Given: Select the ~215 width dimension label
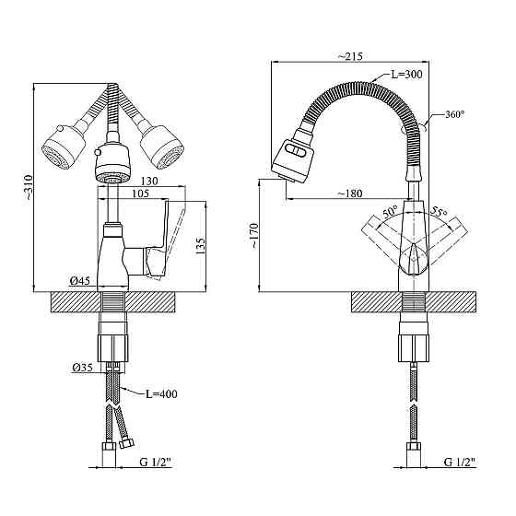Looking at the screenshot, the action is [350, 56].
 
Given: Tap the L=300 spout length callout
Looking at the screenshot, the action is [406, 75].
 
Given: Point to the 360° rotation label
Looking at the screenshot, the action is [455, 114].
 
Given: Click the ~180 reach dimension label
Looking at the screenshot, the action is [350, 193].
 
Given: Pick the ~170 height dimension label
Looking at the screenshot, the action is [254, 236].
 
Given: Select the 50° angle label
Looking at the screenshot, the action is [391, 211].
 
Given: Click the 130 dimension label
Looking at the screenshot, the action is [149, 181].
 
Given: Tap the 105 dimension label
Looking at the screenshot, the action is [140, 193].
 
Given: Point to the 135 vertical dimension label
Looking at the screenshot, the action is [201, 245].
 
